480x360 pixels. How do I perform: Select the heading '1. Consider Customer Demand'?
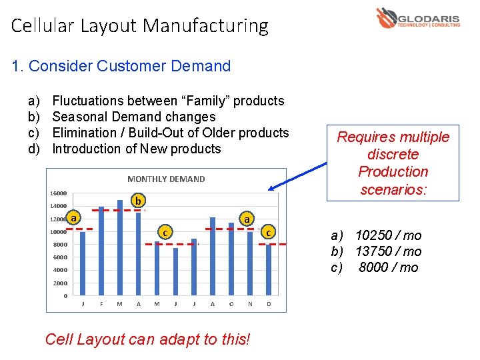[x=121, y=66]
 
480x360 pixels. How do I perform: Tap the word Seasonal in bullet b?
[x=77, y=117]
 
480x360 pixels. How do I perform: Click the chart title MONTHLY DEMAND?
[x=166, y=179]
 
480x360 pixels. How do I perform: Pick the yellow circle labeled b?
[x=137, y=200]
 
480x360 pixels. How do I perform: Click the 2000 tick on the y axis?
[x=61, y=283]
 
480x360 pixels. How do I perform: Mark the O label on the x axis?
[x=231, y=304]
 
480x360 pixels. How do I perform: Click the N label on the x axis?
[x=250, y=304]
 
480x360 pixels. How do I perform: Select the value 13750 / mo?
[x=388, y=251]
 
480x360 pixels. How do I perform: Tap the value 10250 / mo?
[x=388, y=235]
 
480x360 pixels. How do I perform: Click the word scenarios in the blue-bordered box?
[x=393, y=189]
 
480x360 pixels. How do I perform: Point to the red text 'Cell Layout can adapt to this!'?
[x=147, y=339]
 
